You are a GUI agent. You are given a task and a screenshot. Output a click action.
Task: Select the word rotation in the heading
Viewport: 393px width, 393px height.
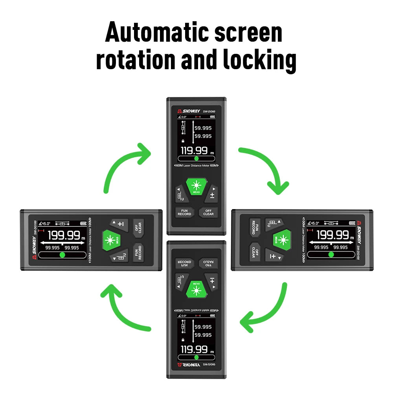coord(136,60)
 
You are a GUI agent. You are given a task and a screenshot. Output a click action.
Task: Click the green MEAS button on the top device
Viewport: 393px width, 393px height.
coord(196,186)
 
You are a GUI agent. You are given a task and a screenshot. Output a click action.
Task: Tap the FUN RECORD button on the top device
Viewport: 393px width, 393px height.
coord(184,212)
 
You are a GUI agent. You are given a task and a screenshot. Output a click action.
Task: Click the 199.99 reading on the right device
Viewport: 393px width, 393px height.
coord(332,235)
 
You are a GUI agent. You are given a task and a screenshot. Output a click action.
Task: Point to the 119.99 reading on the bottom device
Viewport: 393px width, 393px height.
coord(194,349)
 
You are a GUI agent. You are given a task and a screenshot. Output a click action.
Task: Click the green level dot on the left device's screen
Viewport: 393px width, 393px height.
coord(62,255)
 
